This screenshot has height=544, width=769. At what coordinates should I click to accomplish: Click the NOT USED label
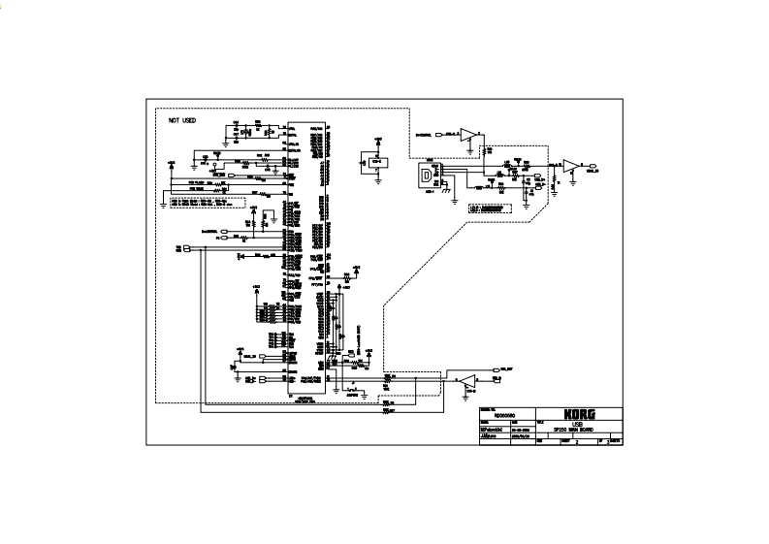[x=182, y=120]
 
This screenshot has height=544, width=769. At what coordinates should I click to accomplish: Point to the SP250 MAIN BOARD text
[x=574, y=430]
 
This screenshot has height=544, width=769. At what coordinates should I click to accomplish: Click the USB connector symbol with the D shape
[x=428, y=177]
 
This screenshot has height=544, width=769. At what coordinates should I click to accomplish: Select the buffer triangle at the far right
[x=572, y=165]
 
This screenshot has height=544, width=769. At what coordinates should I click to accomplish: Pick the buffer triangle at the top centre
[x=468, y=133]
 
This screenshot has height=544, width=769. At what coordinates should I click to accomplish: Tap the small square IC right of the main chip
[x=372, y=161]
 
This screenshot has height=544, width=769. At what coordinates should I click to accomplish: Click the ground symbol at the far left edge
[x=164, y=205]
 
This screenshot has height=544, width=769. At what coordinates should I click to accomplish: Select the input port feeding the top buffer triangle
[x=440, y=133]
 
